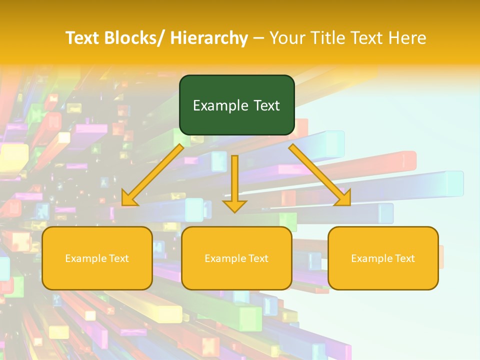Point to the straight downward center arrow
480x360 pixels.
point(234,180)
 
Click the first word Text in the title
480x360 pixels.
point(83,38)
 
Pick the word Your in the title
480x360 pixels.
point(287,38)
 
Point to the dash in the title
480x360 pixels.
point(258,38)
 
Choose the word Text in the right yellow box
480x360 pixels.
point(404,258)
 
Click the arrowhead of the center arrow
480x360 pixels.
point(234,205)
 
